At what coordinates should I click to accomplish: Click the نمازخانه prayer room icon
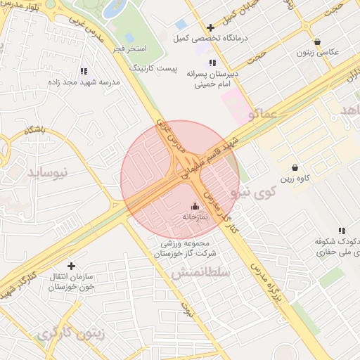(x=195, y=206)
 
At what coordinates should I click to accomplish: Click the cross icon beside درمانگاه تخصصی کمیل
(x=210, y=28)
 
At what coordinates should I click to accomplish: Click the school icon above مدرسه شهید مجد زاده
(x=84, y=71)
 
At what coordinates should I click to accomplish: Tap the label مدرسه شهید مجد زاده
(x=90, y=82)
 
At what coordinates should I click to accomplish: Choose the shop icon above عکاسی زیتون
(x=318, y=42)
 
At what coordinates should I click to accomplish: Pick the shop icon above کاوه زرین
(x=294, y=168)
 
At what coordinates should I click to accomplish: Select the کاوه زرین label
(x=296, y=179)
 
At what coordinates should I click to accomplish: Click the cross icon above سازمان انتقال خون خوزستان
(x=71, y=266)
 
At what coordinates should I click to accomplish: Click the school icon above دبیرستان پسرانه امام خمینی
(x=212, y=63)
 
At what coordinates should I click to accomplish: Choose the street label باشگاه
(x=34, y=130)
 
